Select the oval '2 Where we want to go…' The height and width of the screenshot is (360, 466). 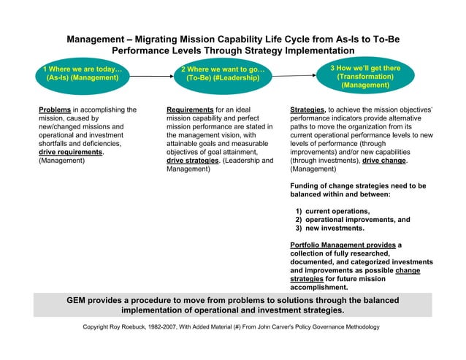[223, 74]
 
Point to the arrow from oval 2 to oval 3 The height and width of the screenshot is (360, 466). [293, 74]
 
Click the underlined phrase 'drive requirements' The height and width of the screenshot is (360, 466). [70, 152]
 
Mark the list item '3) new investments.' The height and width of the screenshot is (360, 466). [332, 229]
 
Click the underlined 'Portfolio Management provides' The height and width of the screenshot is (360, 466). [343, 245]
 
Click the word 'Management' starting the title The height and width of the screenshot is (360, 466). [96, 39]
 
